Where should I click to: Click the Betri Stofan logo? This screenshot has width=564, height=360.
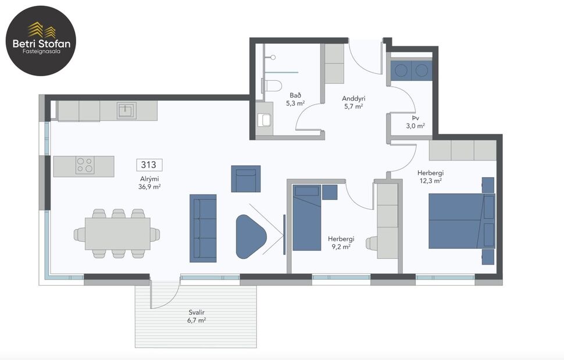[41, 41]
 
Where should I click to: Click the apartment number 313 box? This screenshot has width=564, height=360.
[149, 165]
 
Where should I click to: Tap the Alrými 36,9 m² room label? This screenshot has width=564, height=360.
[149, 183]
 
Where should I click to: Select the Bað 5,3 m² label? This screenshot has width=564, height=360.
[295, 99]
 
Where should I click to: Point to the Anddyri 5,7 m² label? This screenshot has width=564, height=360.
[354, 102]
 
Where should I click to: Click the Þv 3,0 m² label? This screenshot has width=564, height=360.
[415, 122]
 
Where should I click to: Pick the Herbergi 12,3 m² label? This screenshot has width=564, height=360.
[430, 177]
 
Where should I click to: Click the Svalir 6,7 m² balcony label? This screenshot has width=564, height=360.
[197, 316]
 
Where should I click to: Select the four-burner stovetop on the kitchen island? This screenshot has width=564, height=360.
[85, 166]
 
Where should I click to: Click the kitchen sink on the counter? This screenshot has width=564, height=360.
[126, 110]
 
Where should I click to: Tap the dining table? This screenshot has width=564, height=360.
[117, 233]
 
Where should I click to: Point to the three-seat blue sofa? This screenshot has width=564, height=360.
[203, 227]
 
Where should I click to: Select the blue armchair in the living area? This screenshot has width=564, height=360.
[246, 179]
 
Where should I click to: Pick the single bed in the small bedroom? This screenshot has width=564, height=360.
[306, 218]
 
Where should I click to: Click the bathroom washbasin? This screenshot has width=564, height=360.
[265, 120]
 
